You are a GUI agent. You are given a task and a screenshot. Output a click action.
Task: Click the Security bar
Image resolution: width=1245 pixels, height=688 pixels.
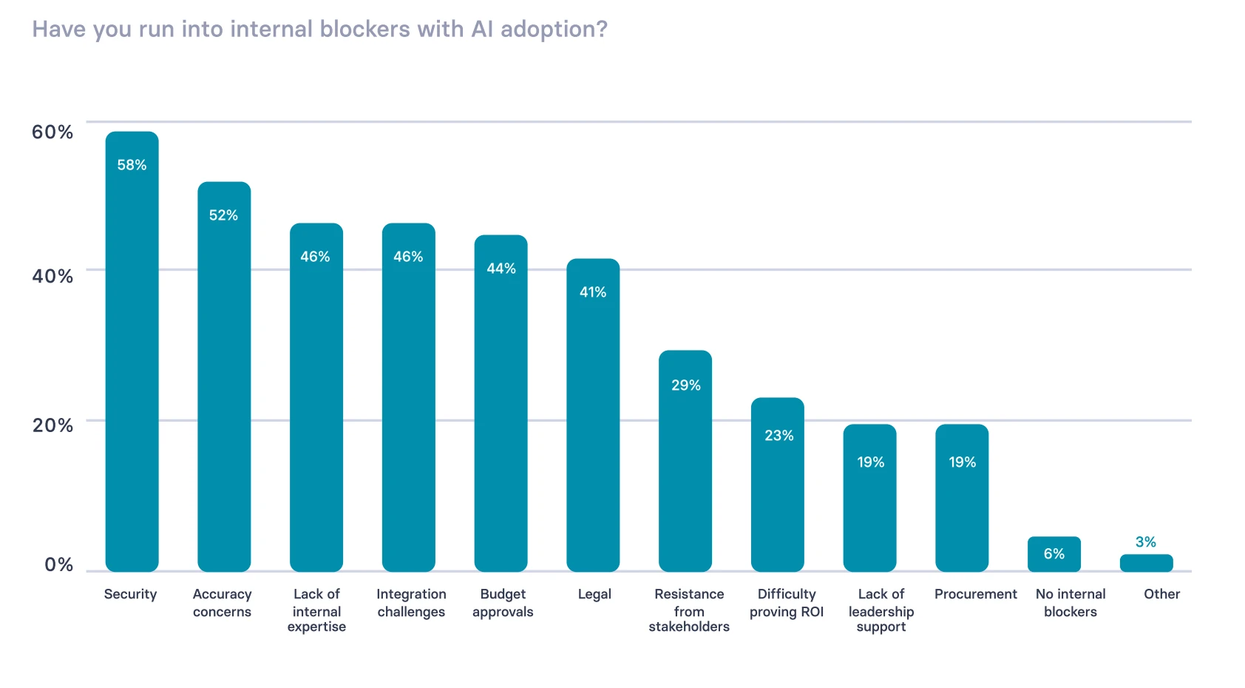[132, 355]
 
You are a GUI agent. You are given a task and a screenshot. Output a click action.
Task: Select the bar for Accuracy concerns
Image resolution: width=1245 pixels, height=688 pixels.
[224, 377]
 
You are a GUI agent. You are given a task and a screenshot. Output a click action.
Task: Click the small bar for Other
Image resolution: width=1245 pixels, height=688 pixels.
[1146, 563]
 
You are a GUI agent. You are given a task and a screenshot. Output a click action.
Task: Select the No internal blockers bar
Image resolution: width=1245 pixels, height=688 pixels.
[1054, 554]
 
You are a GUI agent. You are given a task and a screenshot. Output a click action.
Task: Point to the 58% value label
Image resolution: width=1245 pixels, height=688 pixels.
[132, 165]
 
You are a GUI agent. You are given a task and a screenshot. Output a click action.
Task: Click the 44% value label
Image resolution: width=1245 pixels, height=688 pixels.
[501, 269]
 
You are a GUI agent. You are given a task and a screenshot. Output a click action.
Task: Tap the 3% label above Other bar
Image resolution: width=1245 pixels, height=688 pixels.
[1145, 542]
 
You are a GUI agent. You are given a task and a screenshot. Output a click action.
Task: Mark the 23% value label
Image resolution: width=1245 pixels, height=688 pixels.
[778, 436]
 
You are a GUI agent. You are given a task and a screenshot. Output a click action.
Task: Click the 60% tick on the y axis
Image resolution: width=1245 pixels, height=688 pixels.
[52, 132]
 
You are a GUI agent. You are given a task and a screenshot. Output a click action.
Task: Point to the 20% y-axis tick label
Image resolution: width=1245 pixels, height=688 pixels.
[52, 425]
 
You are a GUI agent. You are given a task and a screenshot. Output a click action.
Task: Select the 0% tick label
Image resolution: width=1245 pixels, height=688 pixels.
[58, 565]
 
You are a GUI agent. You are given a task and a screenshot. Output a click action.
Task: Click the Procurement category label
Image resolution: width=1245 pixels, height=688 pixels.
[975, 594]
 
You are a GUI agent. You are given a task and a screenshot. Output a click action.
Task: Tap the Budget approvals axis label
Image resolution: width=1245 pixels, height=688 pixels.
[503, 603]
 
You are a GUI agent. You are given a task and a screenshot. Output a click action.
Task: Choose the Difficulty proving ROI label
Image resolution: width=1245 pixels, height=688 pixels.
[787, 603]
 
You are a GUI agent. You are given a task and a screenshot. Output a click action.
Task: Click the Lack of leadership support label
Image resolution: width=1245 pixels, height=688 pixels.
[881, 610]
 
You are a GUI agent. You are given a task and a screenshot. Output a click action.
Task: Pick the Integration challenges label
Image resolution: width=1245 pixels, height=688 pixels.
[411, 603]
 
